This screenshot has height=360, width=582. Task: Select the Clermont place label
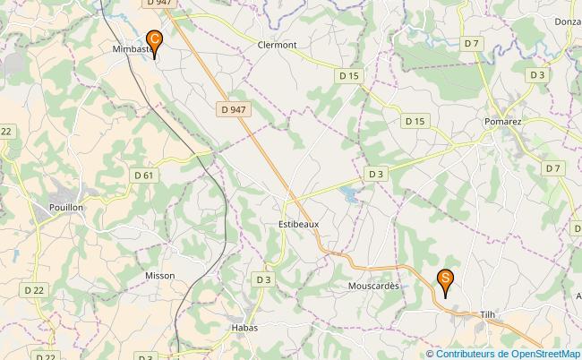coord(277,45)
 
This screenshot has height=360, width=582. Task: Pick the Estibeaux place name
coord(298,225)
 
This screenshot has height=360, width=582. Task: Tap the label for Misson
coord(159,276)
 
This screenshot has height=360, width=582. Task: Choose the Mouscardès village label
coord(372,287)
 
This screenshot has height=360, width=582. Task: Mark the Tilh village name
coord(487,314)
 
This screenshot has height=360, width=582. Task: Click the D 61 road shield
coord(143,175)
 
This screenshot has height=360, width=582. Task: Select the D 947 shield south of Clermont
coord(232,109)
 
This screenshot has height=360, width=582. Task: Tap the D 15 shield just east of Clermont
coord(349,76)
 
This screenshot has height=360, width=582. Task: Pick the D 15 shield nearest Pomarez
coord(414,120)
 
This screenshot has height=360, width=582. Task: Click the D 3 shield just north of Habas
coord(262,279)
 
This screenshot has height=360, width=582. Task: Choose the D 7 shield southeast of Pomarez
coord(552,167)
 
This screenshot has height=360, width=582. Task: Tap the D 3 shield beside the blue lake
coord(376,174)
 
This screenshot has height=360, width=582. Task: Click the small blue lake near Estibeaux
coord(349,194)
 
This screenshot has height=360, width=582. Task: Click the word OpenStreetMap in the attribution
coord(543,354)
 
